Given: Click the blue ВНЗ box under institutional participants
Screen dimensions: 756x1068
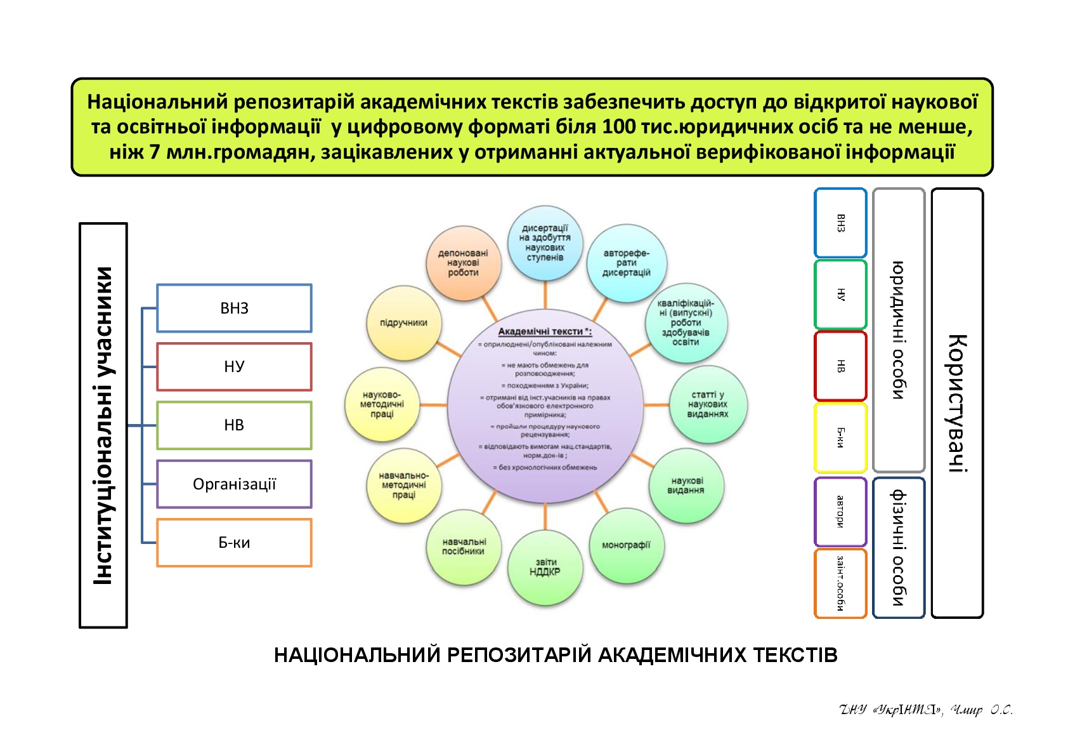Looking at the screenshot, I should [x=234, y=308].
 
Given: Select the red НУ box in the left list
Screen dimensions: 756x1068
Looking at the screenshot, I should [x=234, y=367].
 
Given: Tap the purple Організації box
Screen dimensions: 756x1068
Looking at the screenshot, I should [x=234, y=484].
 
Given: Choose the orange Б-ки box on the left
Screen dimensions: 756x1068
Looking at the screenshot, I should [x=234, y=543].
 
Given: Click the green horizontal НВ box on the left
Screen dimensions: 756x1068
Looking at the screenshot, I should [x=234, y=425].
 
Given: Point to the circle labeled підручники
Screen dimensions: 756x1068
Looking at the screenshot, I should [x=403, y=323].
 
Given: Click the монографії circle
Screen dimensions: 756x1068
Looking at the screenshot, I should [x=626, y=545].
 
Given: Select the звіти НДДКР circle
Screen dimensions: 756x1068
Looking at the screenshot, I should [x=545, y=567].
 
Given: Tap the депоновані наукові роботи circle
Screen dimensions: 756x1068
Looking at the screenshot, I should [x=463, y=263].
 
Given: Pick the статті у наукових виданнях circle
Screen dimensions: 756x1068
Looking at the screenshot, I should [x=708, y=404].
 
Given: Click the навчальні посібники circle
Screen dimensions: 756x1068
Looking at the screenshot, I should [x=464, y=547].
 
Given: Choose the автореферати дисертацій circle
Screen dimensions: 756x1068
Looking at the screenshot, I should [x=626, y=263].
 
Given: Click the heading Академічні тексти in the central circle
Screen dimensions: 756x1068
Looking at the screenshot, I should [x=544, y=331].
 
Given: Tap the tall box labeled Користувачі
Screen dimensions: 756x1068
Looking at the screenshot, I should [x=957, y=403].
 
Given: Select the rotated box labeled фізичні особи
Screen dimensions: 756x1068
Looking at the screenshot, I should [x=899, y=548].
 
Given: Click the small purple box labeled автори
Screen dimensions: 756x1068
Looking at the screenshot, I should [x=840, y=512].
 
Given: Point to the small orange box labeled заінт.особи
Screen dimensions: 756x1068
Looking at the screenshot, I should [x=840, y=583].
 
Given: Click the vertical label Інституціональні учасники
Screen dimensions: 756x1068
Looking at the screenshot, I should [x=103, y=425].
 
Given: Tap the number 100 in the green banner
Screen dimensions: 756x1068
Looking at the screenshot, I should [x=619, y=127].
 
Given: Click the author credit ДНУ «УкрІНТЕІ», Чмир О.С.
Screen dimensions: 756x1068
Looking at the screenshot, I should [x=925, y=710].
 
